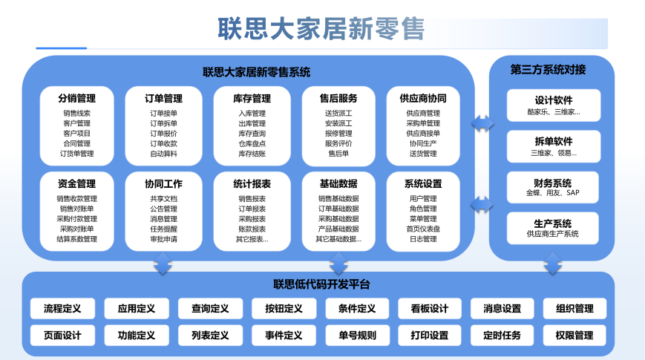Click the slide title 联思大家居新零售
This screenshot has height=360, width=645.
point(321,29)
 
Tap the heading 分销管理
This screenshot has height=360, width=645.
point(77,98)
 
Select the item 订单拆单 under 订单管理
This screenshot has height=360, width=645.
point(163,123)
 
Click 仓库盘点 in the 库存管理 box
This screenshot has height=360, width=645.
point(252,143)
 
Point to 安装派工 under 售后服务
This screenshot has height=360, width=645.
point(338,123)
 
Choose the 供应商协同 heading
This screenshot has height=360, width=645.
point(423,98)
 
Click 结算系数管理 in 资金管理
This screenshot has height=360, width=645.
point(77,239)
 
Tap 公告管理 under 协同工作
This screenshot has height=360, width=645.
point(163,209)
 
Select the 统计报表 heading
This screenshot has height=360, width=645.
point(252,183)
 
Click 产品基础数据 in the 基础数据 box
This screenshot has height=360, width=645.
point(338,229)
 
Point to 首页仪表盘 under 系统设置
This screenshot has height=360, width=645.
point(423,229)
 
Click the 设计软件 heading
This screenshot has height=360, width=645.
point(553,100)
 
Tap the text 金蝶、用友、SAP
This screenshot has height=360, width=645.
point(553,192)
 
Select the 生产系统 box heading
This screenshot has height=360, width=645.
point(553,223)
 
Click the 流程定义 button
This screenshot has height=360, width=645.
point(62,309)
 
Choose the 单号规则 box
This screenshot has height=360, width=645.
point(357,336)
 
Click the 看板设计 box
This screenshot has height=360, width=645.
point(430,309)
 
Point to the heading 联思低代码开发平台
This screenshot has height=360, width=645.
point(321,284)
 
